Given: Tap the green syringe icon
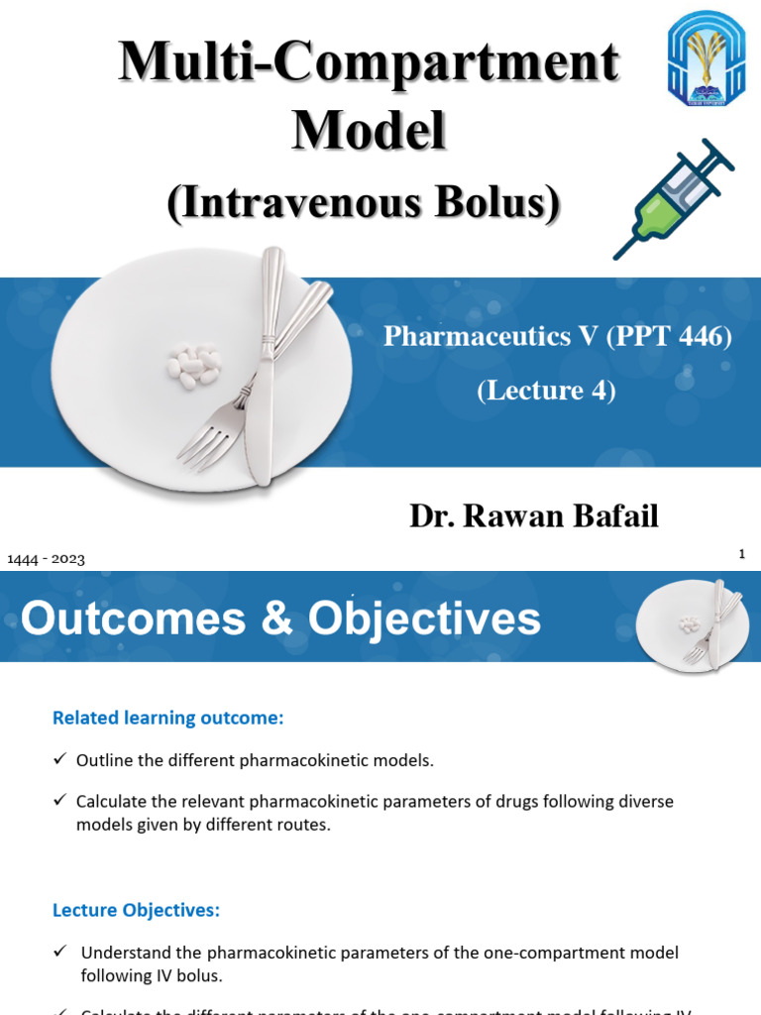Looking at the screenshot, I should (674, 198).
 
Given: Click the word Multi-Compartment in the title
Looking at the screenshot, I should (370, 62).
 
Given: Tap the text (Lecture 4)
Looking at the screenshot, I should (546, 391).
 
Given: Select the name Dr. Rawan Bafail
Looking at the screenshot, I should (534, 515).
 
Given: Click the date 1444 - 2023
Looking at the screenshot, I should (46, 559).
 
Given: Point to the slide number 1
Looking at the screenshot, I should (741, 554).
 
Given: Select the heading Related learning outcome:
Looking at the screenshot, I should (167, 719).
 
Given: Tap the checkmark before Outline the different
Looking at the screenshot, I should (59, 760).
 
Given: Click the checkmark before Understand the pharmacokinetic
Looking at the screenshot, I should (59, 952).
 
